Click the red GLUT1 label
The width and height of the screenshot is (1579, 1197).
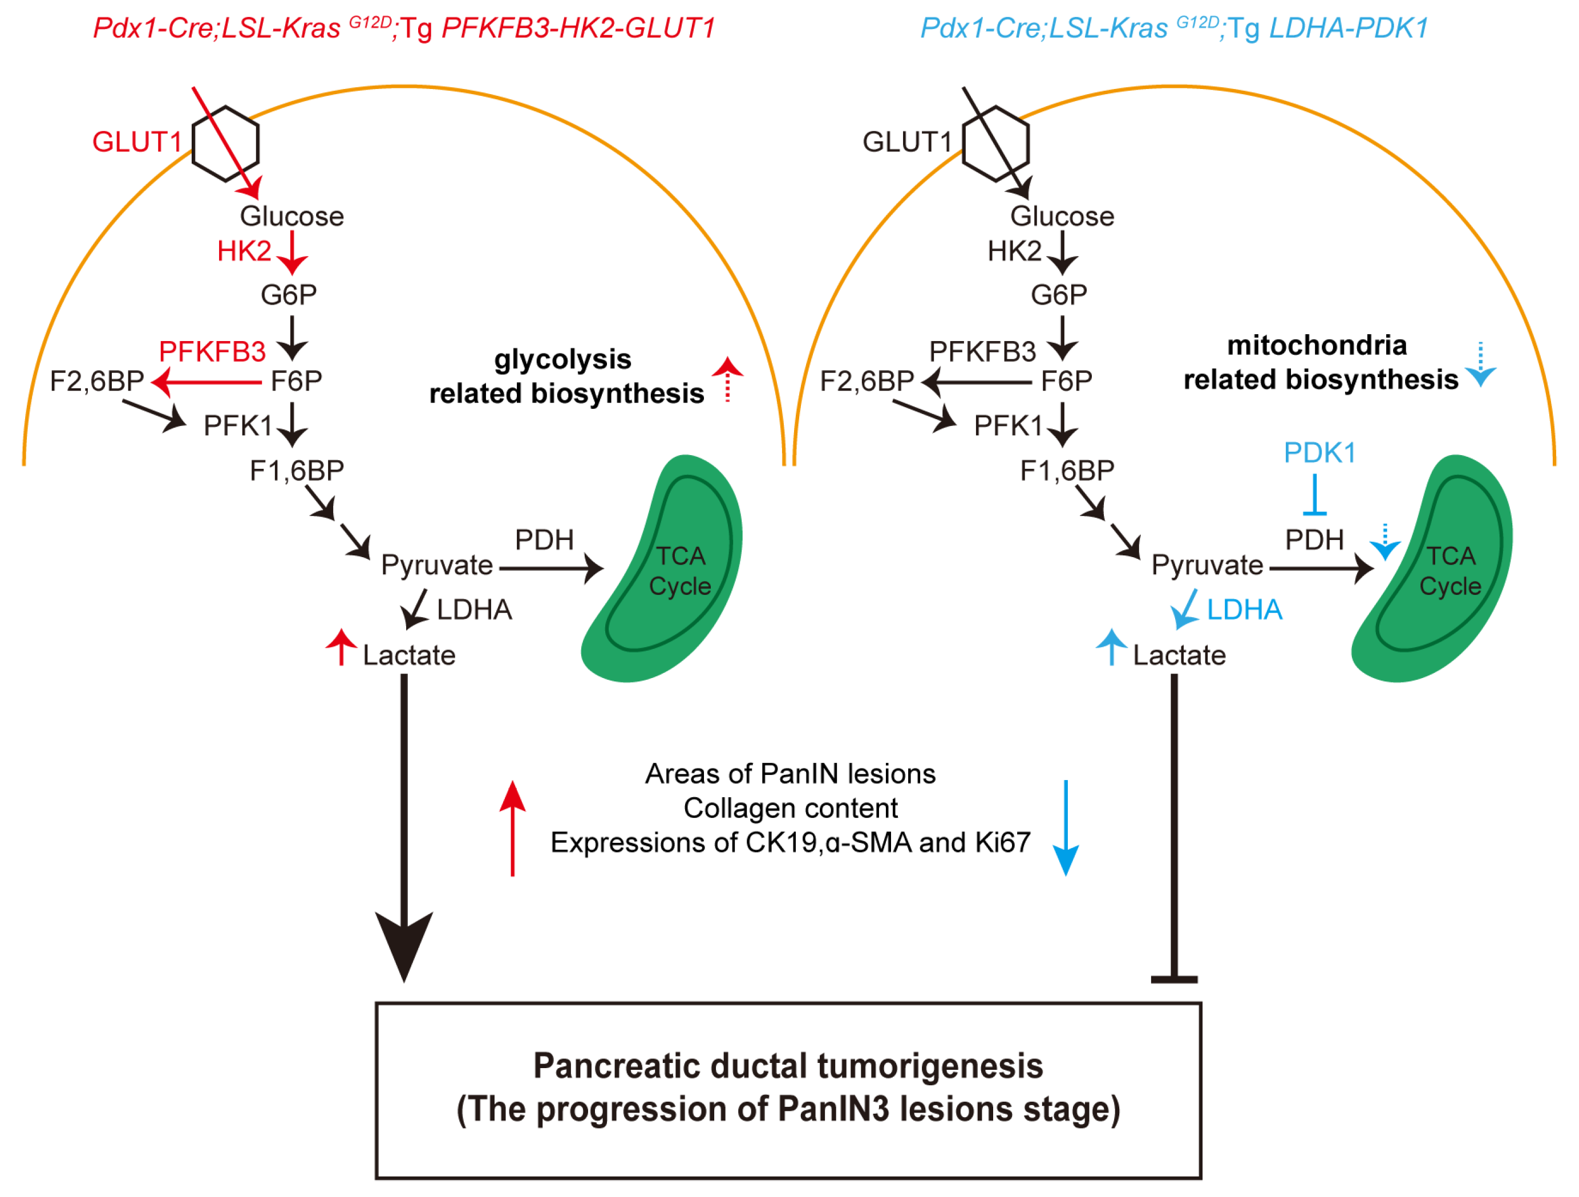137,142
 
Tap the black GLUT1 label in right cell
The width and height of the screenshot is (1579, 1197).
907,142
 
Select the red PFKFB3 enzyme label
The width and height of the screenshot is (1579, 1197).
212,352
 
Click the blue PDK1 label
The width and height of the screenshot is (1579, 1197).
1320,453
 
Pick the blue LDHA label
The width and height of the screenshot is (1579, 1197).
1245,610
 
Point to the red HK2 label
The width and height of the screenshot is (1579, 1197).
244,251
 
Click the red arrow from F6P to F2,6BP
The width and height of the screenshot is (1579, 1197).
207,383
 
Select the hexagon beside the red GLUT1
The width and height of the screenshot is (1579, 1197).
225,144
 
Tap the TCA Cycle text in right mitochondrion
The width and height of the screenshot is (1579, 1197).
1450,571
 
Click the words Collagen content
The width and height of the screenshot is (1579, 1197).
790,809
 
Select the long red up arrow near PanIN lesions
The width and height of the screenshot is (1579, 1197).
512,828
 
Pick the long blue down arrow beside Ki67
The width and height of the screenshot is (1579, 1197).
1066,828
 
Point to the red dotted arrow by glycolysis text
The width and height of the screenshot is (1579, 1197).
727,379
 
